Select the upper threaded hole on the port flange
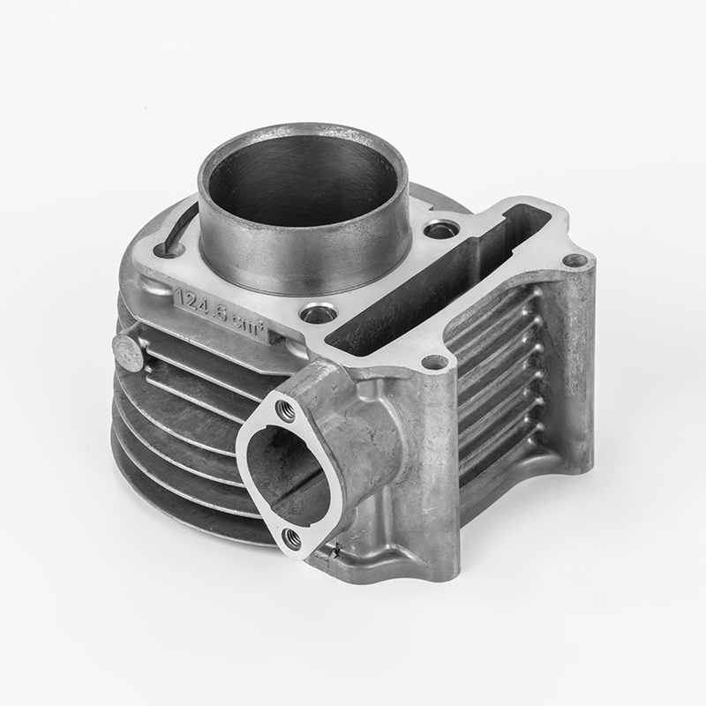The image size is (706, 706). pos(284,408)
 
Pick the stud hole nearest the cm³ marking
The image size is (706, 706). pos(317,312)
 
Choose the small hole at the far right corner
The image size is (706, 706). pos(575,260)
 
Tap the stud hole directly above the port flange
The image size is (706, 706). pos(433,362)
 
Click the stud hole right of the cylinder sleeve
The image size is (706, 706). pos(439,231)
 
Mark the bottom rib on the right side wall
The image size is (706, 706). pos(503,459)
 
